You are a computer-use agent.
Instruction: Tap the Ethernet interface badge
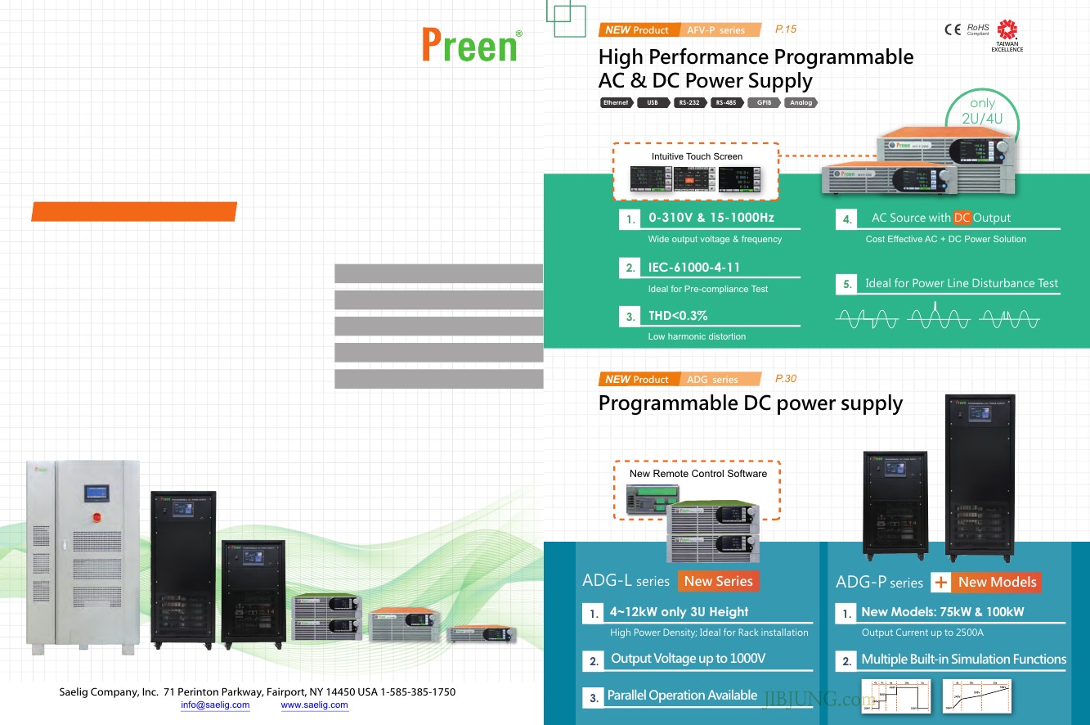(x=616, y=103)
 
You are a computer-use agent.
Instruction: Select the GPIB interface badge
(x=764, y=103)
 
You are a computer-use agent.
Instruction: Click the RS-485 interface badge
(x=725, y=103)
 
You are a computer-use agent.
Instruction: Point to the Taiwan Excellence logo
(x=1007, y=35)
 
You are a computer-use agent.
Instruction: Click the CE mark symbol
(x=953, y=29)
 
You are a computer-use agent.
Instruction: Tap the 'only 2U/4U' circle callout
(x=982, y=113)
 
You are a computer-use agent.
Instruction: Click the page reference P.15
(x=785, y=29)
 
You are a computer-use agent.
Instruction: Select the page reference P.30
(x=785, y=379)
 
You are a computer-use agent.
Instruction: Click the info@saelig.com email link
(x=215, y=705)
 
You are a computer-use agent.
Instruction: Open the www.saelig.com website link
(x=314, y=705)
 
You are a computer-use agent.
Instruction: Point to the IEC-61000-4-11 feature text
(x=694, y=268)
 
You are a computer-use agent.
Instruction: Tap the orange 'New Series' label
(x=718, y=581)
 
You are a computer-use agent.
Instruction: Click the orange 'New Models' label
(x=996, y=582)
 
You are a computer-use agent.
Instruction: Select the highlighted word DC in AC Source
(x=962, y=218)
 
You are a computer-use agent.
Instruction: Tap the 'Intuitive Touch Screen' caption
(x=697, y=156)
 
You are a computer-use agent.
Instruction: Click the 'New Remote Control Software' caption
(x=698, y=474)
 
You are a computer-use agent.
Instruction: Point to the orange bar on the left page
(x=134, y=211)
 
